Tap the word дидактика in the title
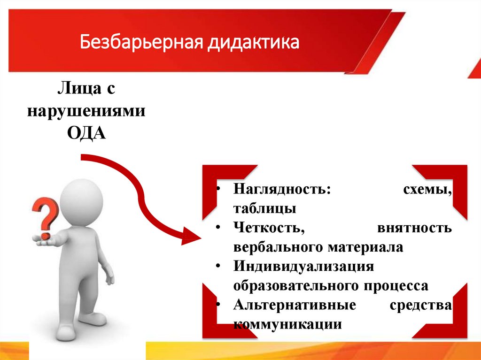254,43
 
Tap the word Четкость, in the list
266,229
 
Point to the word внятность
414,229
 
